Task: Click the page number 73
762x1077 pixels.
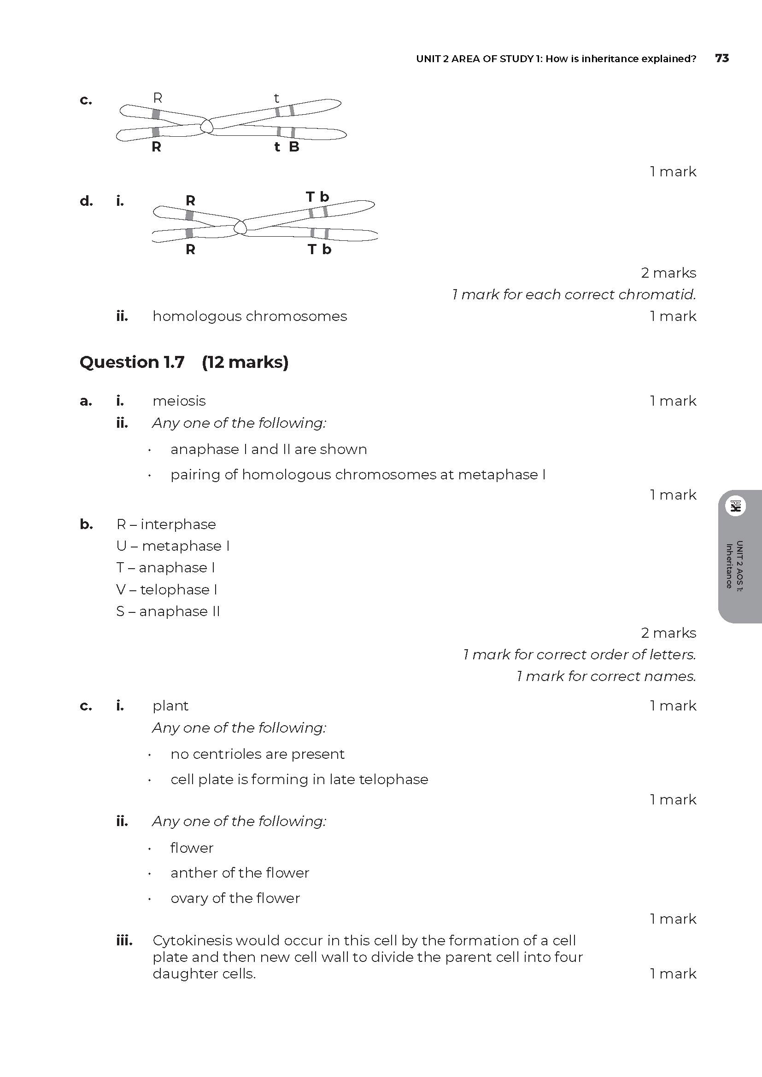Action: [x=721, y=58]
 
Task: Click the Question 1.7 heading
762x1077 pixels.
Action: [x=132, y=362]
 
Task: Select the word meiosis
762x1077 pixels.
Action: [x=179, y=401]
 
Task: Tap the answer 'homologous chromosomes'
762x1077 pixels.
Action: [x=250, y=316]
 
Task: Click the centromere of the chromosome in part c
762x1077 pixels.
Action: [x=206, y=126]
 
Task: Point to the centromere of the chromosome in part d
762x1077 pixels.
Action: [x=240, y=227]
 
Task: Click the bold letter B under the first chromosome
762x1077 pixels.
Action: [x=294, y=147]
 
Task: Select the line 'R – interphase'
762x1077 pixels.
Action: [x=166, y=524]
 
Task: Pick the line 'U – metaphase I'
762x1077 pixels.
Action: [x=173, y=546]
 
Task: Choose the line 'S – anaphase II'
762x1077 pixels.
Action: [x=168, y=611]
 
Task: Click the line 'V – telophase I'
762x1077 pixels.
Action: [x=167, y=590]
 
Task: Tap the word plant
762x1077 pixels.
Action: [x=170, y=705]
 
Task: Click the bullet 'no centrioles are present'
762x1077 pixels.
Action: [x=257, y=754]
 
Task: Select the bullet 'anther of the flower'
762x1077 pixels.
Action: [x=240, y=873]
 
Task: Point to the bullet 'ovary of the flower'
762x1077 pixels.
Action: [x=235, y=898]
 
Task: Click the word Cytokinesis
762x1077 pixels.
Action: [x=192, y=941]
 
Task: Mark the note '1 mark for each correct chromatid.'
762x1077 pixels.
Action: [x=574, y=295]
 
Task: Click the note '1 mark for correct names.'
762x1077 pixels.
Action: [x=606, y=676]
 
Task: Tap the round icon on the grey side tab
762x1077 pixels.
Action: [x=735, y=506]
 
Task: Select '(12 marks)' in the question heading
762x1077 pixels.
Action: [x=245, y=362]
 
